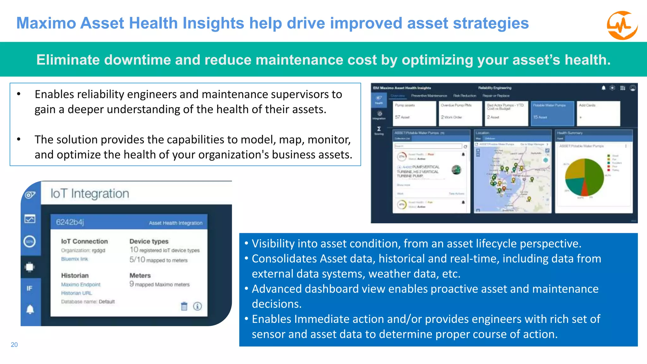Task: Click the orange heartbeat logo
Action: (x=622, y=25)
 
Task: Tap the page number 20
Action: (x=14, y=345)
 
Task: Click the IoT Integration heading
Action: (x=90, y=193)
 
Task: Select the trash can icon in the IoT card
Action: (x=184, y=306)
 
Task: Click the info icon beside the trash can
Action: (x=197, y=306)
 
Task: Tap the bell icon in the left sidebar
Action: (x=30, y=309)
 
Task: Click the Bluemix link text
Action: (x=75, y=259)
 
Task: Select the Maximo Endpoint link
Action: (x=81, y=284)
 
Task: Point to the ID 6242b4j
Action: (x=70, y=222)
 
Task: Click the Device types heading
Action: (x=149, y=241)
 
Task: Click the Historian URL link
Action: (x=76, y=293)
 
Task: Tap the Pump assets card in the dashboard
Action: (x=414, y=113)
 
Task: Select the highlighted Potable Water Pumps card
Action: (x=552, y=113)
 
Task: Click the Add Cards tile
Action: (x=598, y=113)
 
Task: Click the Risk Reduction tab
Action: (x=464, y=95)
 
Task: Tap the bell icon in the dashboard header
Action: (x=603, y=88)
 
